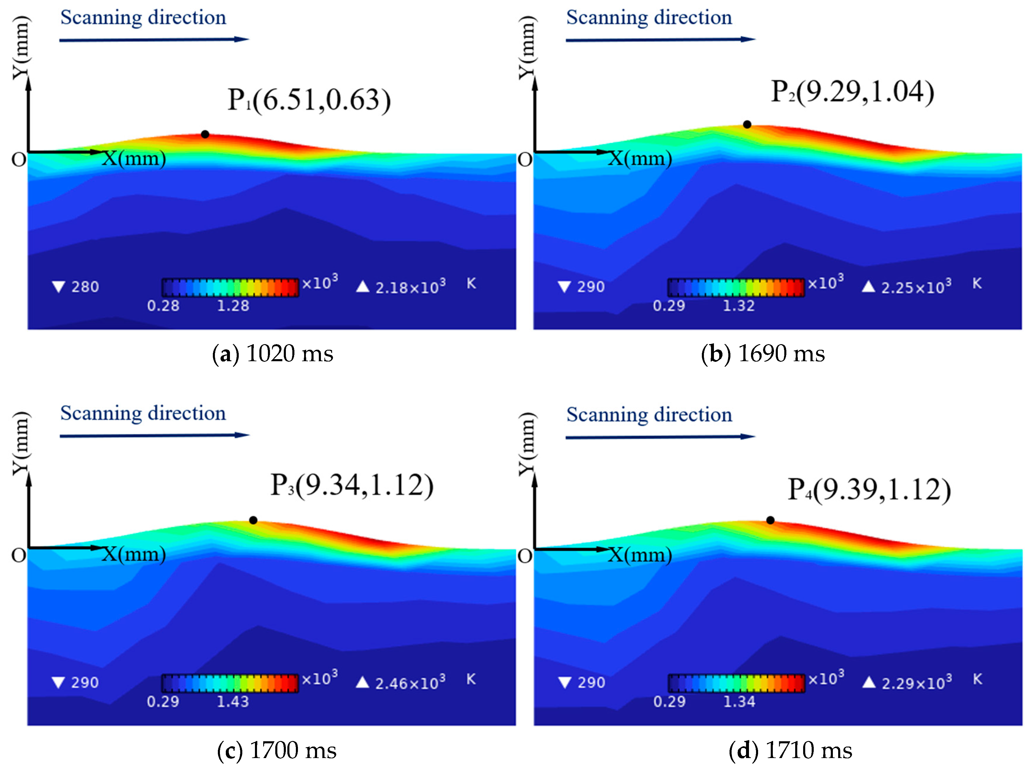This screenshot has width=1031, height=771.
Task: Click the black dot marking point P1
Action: click(205, 134)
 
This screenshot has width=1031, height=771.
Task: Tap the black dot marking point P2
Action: click(747, 125)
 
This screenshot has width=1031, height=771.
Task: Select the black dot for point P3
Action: click(253, 520)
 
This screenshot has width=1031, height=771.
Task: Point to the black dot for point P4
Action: click(770, 520)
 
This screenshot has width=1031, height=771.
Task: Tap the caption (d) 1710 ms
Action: click(790, 750)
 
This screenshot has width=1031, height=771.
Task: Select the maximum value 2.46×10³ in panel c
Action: click(410, 683)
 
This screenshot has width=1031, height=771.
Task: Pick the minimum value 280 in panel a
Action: click(85, 287)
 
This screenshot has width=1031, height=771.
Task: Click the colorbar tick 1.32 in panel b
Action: click(739, 306)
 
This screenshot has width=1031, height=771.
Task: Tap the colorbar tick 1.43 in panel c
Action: click(233, 702)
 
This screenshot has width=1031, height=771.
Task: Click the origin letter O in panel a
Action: click(19, 160)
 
